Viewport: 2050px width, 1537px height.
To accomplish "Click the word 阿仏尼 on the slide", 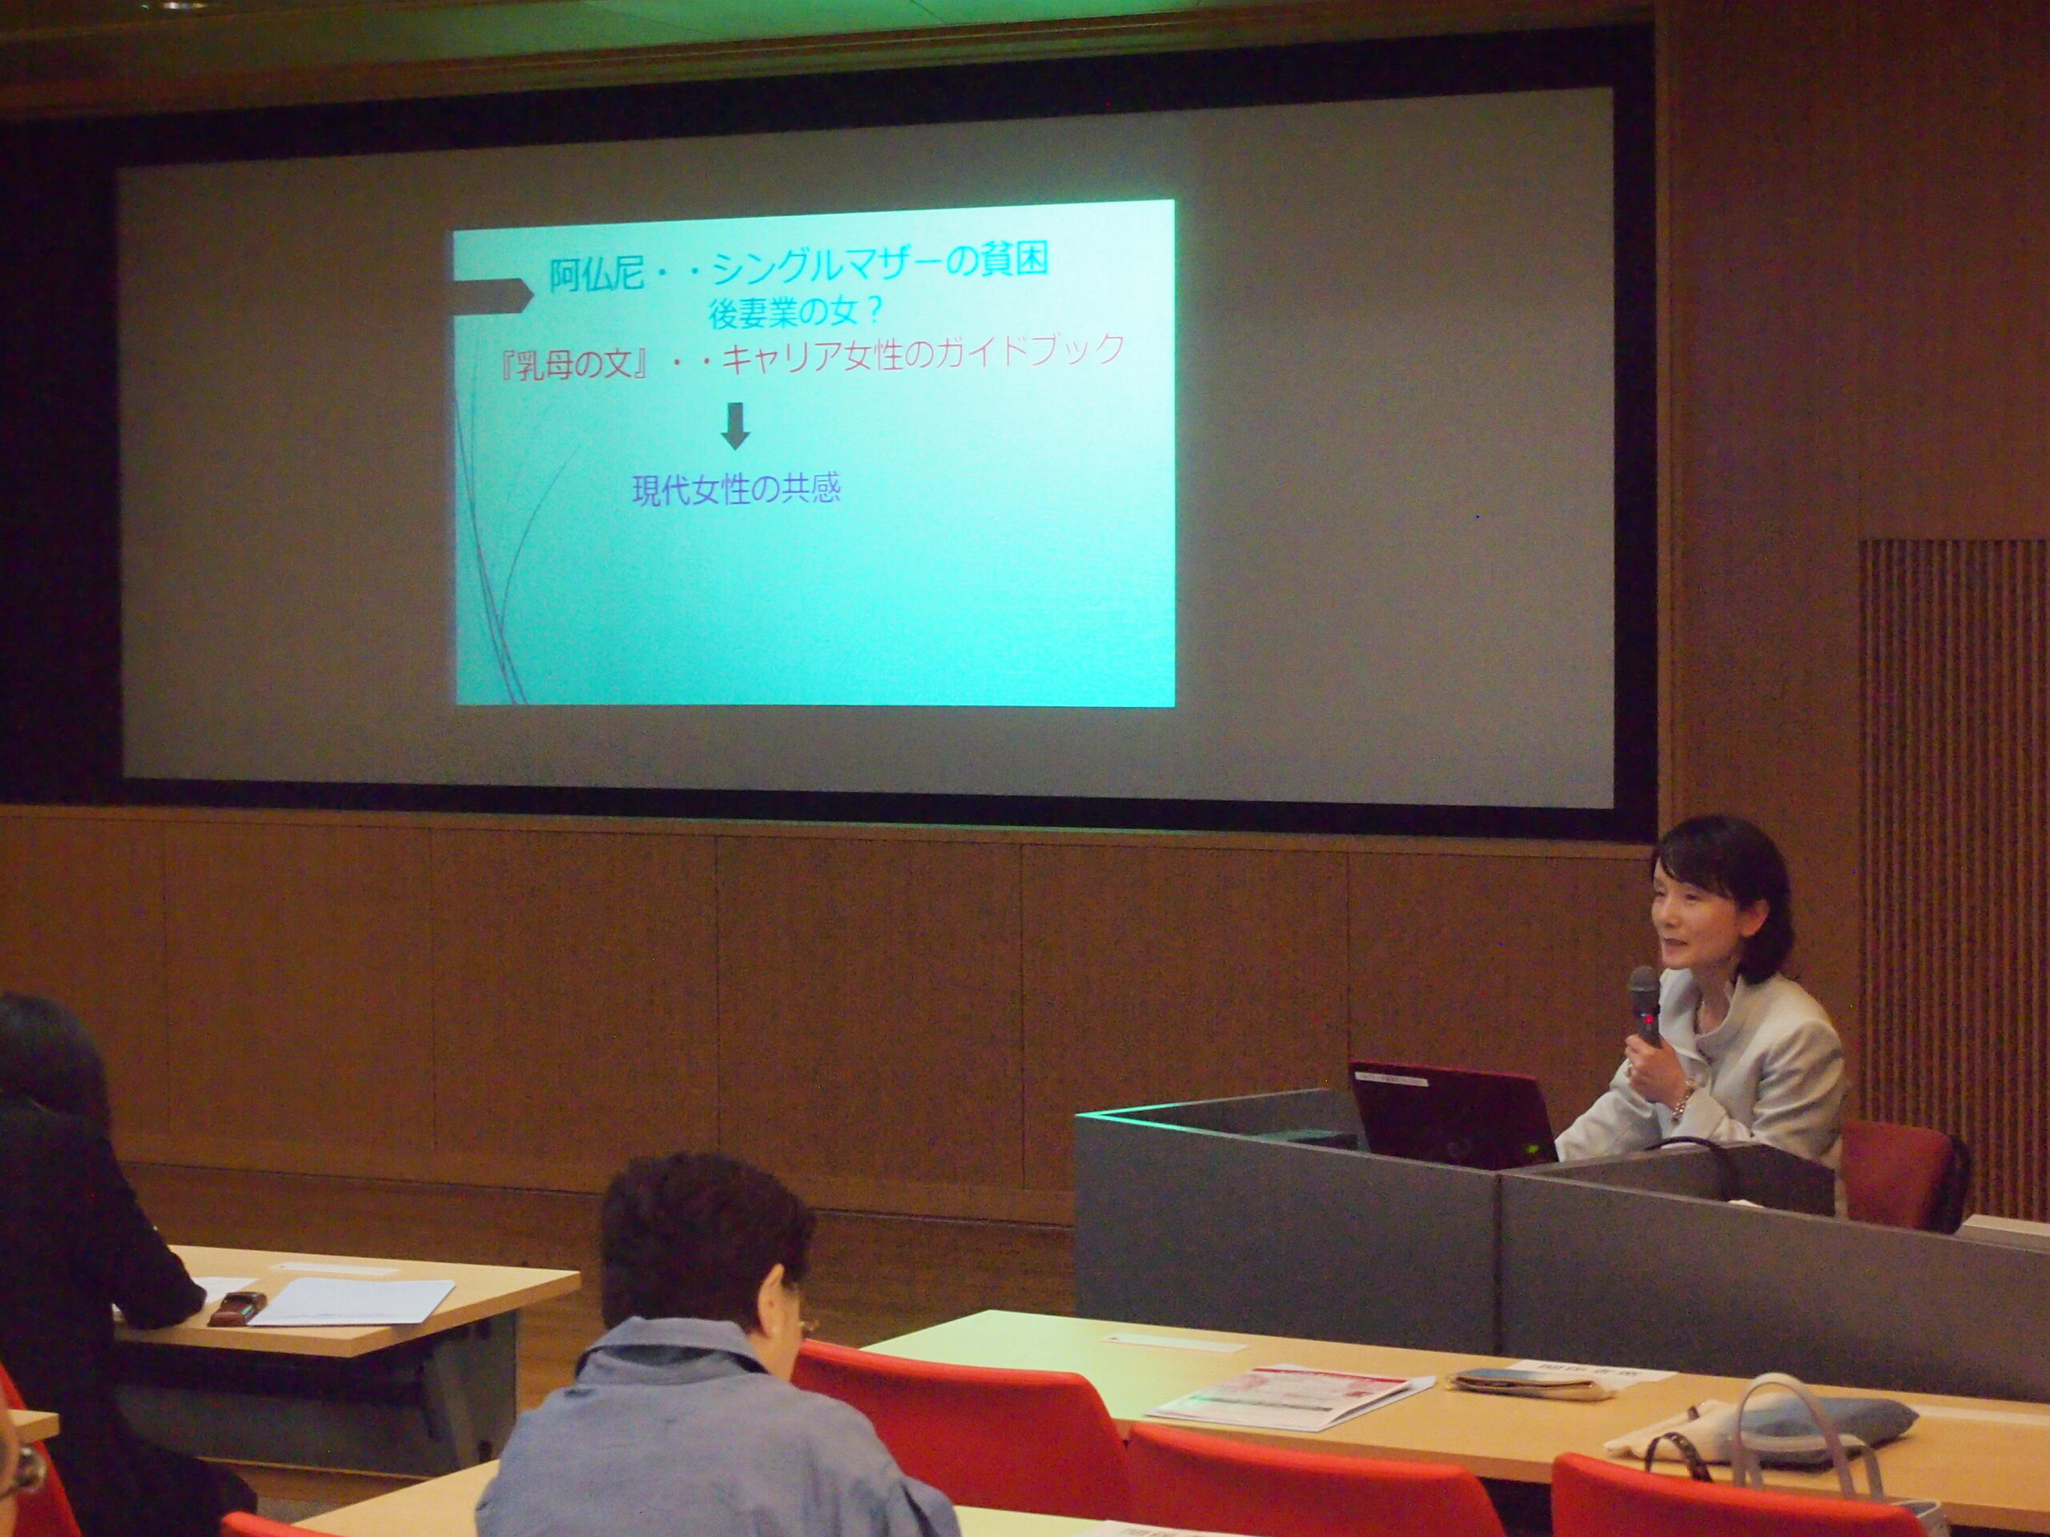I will (x=596, y=275).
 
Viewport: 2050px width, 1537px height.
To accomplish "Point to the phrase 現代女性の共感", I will (x=736, y=489).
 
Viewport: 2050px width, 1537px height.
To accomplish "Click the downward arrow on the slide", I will (x=735, y=426).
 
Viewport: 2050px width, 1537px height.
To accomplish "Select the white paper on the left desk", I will (x=352, y=1302).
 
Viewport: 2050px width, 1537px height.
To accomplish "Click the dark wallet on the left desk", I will (x=237, y=1306).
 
